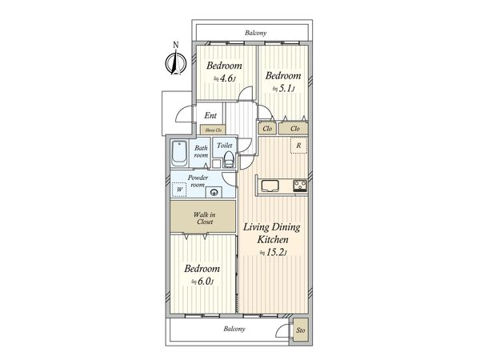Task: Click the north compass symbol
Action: click(176, 62)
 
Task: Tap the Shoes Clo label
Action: click(213, 130)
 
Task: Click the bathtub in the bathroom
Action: click(178, 153)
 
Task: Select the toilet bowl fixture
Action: click(229, 159)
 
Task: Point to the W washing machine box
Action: click(179, 190)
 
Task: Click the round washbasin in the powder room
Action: click(214, 192)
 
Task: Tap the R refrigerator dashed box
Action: click(298, 146)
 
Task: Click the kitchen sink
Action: click(270, 186)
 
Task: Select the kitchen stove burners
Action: click(300, 186)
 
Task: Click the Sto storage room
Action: click(300, 330)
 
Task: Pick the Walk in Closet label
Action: click(204, 218)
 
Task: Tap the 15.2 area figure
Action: click(274, 253)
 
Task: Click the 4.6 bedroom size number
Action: click(224, 78)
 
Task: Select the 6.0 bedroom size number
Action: click(202, 282)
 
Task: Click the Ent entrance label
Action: click(210, 116)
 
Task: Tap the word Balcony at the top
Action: click(256, 33)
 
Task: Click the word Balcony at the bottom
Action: click(234, 329)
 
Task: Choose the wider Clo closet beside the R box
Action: click(294, 129)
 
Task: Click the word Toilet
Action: click(224, 146)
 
